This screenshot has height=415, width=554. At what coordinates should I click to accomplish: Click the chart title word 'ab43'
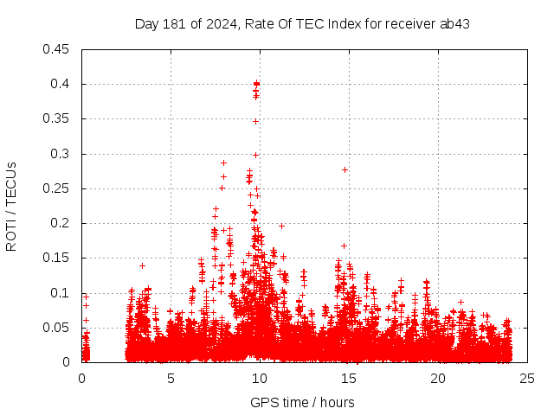455,23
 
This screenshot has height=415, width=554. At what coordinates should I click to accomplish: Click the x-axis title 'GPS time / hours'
302,402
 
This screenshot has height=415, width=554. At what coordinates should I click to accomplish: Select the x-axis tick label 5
171,379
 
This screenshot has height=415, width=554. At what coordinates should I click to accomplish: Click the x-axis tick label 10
260,379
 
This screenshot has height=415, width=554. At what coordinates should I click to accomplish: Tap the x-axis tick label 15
349,379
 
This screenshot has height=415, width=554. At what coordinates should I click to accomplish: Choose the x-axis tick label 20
438,379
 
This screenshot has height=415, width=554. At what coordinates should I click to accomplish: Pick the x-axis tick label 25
527,379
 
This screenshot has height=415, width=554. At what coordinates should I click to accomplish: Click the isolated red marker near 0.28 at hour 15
345,169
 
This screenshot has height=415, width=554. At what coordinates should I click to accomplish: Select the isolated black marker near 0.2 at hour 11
281,226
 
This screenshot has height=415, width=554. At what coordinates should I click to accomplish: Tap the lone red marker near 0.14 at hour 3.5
142,265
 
